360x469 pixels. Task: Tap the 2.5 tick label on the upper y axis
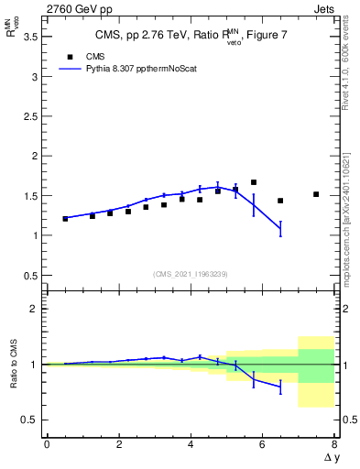point(29,116)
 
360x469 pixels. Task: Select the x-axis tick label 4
point(191,444)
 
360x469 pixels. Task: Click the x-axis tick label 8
point(334,444)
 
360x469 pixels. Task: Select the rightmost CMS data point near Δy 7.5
point(316,194)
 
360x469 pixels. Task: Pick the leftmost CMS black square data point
point(65,219)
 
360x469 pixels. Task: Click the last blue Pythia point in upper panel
point(280,229)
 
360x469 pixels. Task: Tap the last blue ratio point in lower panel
point(280,387)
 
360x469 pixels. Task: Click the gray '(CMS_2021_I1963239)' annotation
point(190,273)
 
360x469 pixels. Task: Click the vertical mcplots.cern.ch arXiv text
point(346,215)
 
